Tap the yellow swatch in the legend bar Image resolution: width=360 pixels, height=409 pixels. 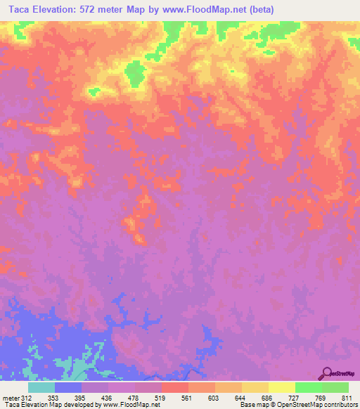pyautogui.click(x=281, y=387)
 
